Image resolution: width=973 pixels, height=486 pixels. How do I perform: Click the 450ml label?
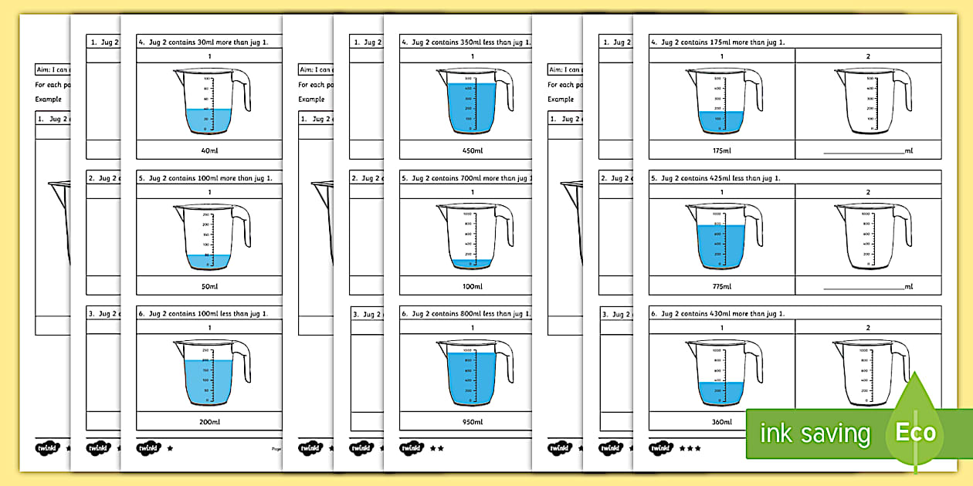point(473,150)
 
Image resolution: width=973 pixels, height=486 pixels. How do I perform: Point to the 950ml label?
point(473,422)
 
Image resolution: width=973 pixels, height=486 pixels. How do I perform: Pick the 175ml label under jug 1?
point(721,150)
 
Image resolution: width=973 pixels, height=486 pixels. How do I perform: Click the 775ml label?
point(721,286)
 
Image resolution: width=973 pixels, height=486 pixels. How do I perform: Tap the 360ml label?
point(721,422)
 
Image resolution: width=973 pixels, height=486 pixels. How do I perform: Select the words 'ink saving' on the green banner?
point(815,434)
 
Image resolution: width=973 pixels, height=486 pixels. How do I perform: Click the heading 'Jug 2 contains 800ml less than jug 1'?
point(468,314)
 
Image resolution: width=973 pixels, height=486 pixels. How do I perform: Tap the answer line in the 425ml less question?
point(863,289)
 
